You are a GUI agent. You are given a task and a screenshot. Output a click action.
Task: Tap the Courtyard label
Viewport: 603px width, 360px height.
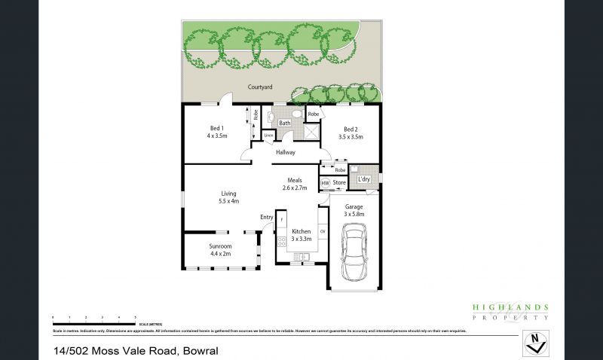[x=262, y=87]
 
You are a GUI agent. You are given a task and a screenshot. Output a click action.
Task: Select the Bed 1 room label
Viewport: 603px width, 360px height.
[x=216, y=128]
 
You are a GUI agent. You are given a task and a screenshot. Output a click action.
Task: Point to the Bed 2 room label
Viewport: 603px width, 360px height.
[x=351, y=128]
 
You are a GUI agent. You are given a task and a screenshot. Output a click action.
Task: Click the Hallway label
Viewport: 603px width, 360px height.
[x=285, y=152]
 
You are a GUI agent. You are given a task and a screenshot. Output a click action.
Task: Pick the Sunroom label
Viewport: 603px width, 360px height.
[x=220, y=246]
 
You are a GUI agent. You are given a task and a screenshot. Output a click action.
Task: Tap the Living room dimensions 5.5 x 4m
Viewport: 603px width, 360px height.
[x=228, y=201]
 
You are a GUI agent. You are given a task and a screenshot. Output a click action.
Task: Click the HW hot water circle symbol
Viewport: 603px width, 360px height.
[x=325, y=182]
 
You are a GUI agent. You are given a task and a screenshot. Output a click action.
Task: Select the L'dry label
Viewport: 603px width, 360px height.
[x=364, y=178]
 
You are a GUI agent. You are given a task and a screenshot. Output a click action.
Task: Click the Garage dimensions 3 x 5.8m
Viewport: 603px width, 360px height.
[x=354, y=214]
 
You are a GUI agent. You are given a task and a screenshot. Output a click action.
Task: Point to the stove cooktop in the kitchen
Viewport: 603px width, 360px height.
[x=281, y=242]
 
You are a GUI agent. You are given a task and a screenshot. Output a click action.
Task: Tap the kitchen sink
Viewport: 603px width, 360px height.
[x=302, y=257]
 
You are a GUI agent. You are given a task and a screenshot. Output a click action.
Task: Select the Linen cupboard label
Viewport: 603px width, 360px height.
[x=268, y=136]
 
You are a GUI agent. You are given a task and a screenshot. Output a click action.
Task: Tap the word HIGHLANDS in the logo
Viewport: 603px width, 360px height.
[x=510, y=307]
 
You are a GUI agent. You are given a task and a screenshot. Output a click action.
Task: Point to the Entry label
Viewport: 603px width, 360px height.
[x=266, y=218]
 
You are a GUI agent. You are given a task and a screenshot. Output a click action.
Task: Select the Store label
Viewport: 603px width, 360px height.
[x=339, y=182]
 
